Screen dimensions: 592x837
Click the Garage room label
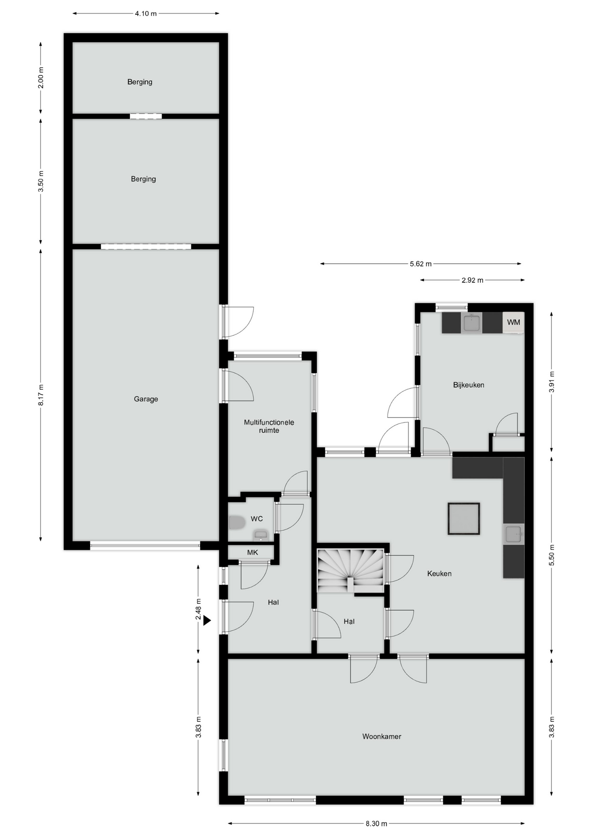point(146,399)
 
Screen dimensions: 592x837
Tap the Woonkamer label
point(381,736)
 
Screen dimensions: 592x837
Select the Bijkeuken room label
point(469,385)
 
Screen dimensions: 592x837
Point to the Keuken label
point(439,574)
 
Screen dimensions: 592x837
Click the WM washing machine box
point(514,323)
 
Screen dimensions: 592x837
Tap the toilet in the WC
point(237,522)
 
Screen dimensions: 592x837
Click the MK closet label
point(252,552)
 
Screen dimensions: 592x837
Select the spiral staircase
point(350,571)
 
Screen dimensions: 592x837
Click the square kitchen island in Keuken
point(464,519)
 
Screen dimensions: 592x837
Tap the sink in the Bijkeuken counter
point(471,323)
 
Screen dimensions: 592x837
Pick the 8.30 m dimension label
point(376,824)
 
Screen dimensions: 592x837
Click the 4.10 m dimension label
point(146,14)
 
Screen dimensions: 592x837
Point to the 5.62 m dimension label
point(421,264)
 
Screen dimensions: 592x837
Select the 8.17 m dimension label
point(41,395)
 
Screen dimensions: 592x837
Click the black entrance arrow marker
point(207,620)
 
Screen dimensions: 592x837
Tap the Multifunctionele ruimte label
point(269,426)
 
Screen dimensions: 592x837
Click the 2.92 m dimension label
point(473,280)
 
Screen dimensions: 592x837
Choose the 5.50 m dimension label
point(551,555)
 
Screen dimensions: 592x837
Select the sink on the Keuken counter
point(514,534)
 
